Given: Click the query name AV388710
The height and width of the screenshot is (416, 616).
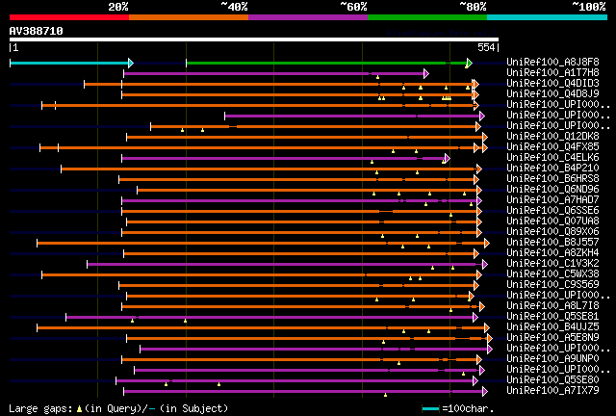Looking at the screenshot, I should (37, 31).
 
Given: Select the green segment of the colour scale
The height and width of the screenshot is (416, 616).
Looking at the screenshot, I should (426, 16).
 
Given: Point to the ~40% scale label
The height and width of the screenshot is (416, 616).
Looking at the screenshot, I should (234, 7).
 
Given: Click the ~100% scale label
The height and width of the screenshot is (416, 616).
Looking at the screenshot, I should (589, 7).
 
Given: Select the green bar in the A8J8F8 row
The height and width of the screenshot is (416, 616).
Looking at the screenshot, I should (318, 63).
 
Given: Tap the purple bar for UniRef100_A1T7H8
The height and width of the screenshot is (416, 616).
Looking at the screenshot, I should (274, 73).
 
